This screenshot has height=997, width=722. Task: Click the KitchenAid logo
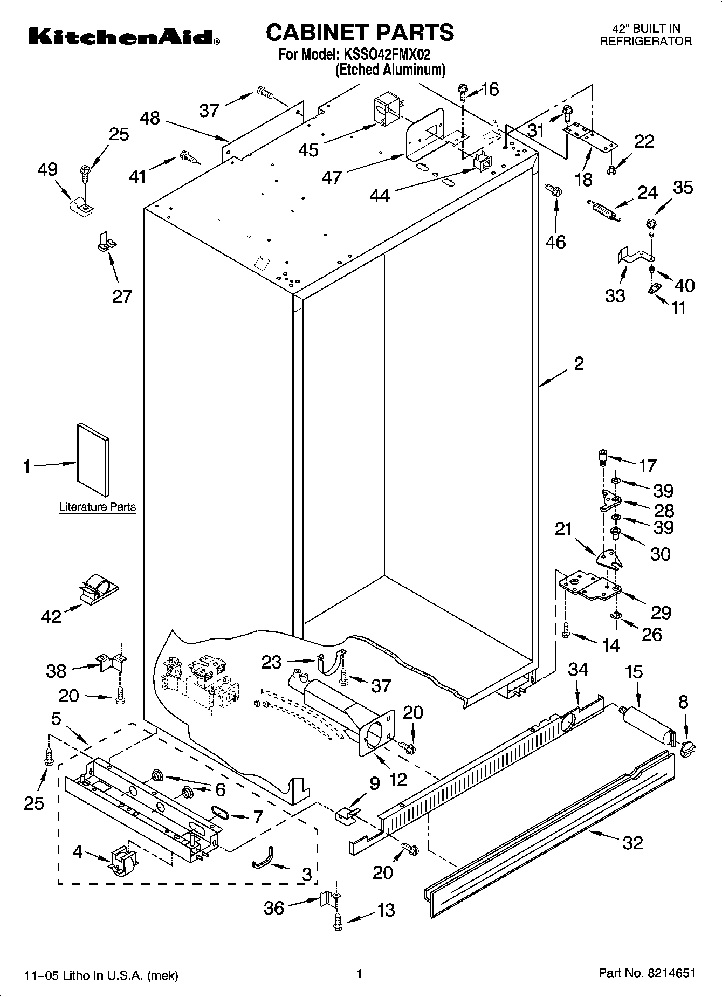pos(123,37)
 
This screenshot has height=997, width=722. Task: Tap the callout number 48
pos(150,118)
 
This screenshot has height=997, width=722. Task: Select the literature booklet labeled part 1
pos(93,458)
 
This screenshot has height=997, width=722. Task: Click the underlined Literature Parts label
pos(97,507)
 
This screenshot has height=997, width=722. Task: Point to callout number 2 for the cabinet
pos(579,364)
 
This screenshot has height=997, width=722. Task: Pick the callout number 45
pos(308,149)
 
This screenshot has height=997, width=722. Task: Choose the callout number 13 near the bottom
pos(386,910)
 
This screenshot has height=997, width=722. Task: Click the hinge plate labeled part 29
pos(589,586)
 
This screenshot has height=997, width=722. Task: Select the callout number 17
pos(647,465)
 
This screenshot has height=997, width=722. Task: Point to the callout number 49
pos(47,169)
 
